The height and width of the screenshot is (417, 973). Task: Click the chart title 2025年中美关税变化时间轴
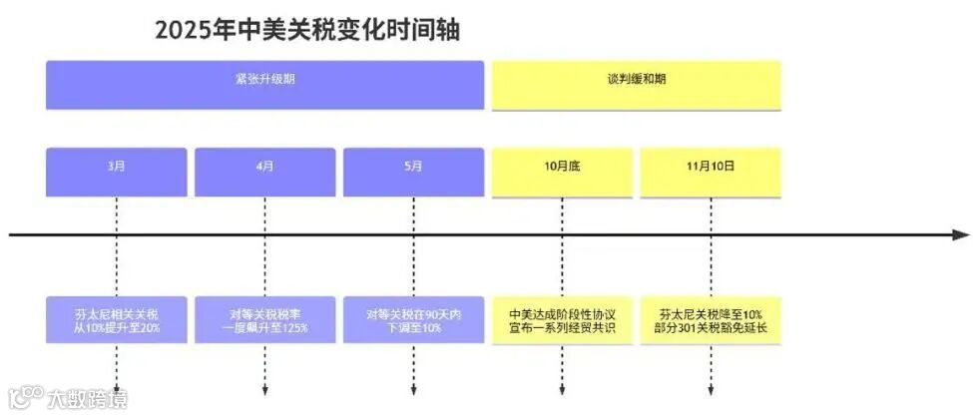click(x=307, y=30)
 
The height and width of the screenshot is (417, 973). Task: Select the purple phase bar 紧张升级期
click(x=264, y=85)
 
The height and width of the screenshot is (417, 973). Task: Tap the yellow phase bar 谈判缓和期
click(x=636, y=85)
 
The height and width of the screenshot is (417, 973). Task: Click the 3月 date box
click(x=116, y=172)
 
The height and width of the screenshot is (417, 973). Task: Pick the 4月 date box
click(x=264, y=172)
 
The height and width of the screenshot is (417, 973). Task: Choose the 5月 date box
click(x=413, y=172)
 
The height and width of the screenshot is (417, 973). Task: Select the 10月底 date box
click(x=561, y=172)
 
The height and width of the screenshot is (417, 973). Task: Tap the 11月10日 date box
click(x=710, y=172)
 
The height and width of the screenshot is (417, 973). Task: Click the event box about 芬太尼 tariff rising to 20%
click(x=116, y=319)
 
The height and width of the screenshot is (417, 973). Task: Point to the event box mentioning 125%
click(x=264, y=319)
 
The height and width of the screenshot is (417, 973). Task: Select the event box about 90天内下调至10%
click(x=413, y=319)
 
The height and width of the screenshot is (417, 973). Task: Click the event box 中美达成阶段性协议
click(x=561, y=319)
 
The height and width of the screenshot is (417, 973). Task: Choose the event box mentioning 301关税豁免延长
click(x=710, y=319)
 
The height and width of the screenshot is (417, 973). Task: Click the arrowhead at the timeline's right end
click(x=960, y=235)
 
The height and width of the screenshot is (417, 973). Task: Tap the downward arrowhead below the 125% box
click(x=264, y=390)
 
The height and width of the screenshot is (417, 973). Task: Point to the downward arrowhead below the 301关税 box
click(x=710, y=390)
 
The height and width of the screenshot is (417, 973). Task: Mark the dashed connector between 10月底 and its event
click(x=562, y=264)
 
